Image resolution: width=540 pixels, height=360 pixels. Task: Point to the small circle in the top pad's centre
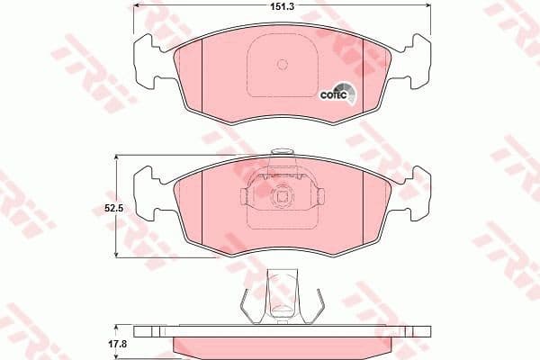click(283, 64)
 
